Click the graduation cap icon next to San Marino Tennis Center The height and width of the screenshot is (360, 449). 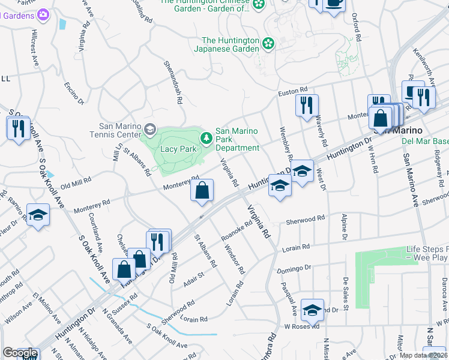click(x=149, y=129)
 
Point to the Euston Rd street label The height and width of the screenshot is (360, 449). click(x=292, y=94)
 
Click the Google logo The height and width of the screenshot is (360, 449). click(x=20, y=352)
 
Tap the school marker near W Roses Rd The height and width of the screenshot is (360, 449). click(x=312, y=310)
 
